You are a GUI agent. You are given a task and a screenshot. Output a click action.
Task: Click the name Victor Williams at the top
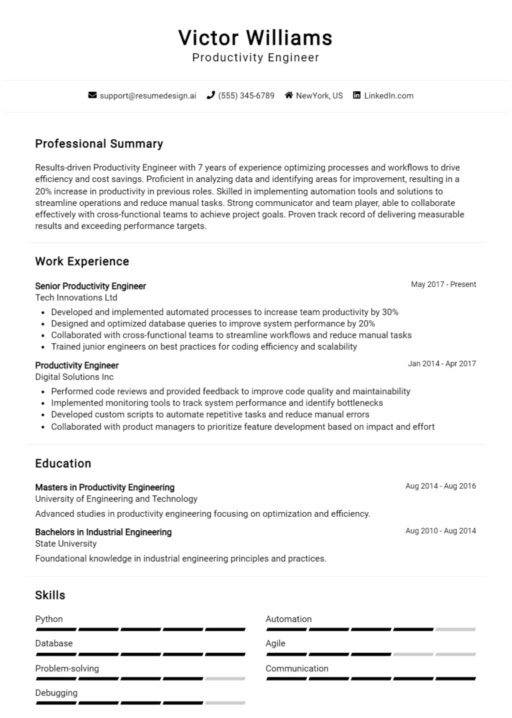[x=255, y=37]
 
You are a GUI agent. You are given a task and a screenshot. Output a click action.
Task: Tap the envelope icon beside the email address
[x=93, y=95]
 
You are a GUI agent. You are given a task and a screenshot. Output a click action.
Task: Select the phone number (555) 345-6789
[x=246, y=95]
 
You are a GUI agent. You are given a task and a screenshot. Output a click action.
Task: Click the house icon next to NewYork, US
[x=289, y=95]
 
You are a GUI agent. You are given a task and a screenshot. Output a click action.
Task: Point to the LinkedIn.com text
[x=389, y=95]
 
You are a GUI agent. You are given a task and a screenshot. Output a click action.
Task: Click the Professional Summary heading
[x=99, y=144]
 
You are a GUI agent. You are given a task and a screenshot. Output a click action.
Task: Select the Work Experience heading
[x=82, y=261]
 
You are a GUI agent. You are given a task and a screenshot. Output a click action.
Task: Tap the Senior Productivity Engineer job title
[x=90, y=286]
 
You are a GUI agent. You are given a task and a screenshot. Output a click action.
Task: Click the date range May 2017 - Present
[x=443, y=284]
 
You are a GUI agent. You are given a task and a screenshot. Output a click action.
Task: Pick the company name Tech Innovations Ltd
[x=76, y=298]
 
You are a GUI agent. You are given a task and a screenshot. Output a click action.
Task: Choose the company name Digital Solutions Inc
[x=74, y=377]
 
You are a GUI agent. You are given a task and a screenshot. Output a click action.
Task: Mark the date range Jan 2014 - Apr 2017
[x=442, y=364]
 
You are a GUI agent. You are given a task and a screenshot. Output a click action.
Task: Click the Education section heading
[x=63, y=463]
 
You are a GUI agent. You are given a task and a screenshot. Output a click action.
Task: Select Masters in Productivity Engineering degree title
[x=105, y=487]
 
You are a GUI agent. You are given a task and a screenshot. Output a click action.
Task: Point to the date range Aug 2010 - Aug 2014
[x=441, y=531]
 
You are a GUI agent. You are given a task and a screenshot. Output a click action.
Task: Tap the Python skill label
[x=49, y=619]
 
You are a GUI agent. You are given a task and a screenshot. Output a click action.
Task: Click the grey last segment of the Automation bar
[x=455, y=629]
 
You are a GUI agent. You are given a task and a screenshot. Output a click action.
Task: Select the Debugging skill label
[x=56, y=693]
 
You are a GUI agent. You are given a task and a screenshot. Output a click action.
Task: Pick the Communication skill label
[x=297, y=668]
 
